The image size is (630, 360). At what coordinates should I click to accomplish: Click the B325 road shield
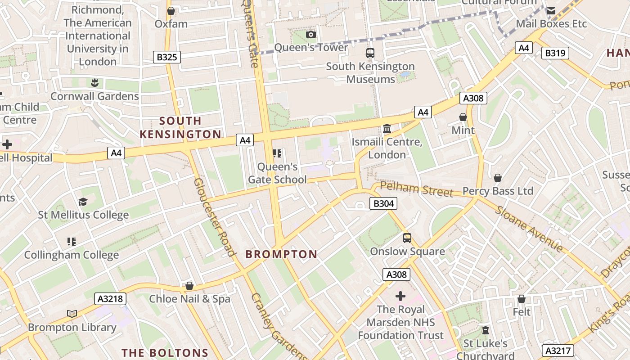point(166,57)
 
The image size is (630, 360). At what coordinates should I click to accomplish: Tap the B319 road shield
point(555,53)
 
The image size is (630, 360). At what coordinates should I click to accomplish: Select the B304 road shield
point(383,203)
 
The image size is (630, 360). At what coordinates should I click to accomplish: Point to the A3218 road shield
point(110,298)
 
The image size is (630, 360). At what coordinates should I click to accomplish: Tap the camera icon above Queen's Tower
point(311,35)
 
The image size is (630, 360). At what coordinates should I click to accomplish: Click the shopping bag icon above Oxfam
point(171,11)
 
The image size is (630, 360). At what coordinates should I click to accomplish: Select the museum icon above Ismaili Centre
point(387,129)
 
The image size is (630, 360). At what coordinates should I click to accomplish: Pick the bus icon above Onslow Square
point(407,238)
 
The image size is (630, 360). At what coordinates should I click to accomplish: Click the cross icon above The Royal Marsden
point(400,296)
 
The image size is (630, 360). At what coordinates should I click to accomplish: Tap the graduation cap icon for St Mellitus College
point(83,201)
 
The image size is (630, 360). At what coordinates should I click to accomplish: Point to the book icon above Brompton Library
point(72,314)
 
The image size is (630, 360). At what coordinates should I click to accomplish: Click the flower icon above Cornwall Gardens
point(94,83)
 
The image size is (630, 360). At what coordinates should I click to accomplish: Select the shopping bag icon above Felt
point(522,299)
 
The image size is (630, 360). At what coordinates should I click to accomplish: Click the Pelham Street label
point(416,189)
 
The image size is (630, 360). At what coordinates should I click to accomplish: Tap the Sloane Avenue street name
point(529,229)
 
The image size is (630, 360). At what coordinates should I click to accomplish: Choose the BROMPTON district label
point(281,254)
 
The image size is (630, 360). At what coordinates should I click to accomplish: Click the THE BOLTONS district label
point(165,352)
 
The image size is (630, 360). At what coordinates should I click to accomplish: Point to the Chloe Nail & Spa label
point(189,299)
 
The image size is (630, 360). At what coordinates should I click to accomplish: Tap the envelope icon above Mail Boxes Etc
point(551,11)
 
